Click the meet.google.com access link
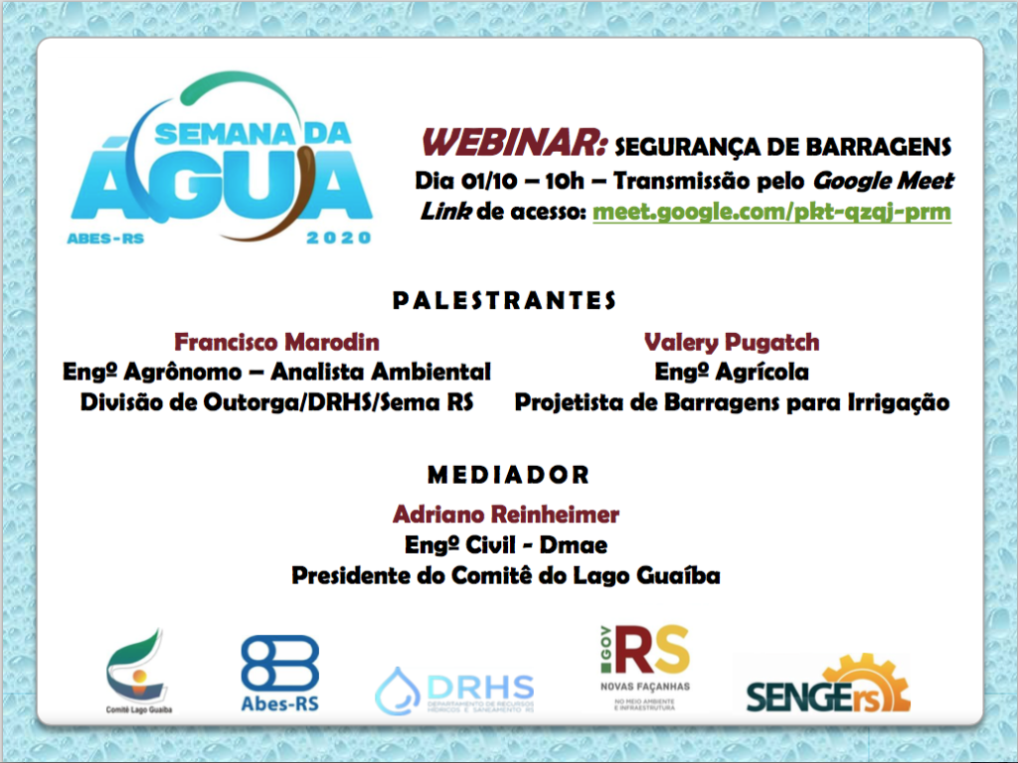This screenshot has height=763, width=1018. point(771,213)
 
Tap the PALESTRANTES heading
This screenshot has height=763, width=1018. point(504,300)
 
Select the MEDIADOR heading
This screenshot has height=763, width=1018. point(508,475)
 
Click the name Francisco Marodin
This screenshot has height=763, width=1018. point(276,342)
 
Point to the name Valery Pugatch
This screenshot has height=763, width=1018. point(732,342)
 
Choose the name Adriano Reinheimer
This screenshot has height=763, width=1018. point(506,515)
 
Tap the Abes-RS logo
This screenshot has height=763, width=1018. point(279,674)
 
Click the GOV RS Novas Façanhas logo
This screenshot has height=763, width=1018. point(645,668)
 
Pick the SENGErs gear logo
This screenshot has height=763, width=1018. point(828,685)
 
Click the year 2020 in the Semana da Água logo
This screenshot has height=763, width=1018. point(338,238)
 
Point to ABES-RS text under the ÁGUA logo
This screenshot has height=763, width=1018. point(105,238)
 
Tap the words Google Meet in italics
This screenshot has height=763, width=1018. point(884,181)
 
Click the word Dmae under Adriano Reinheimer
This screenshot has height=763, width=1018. point(574,545)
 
